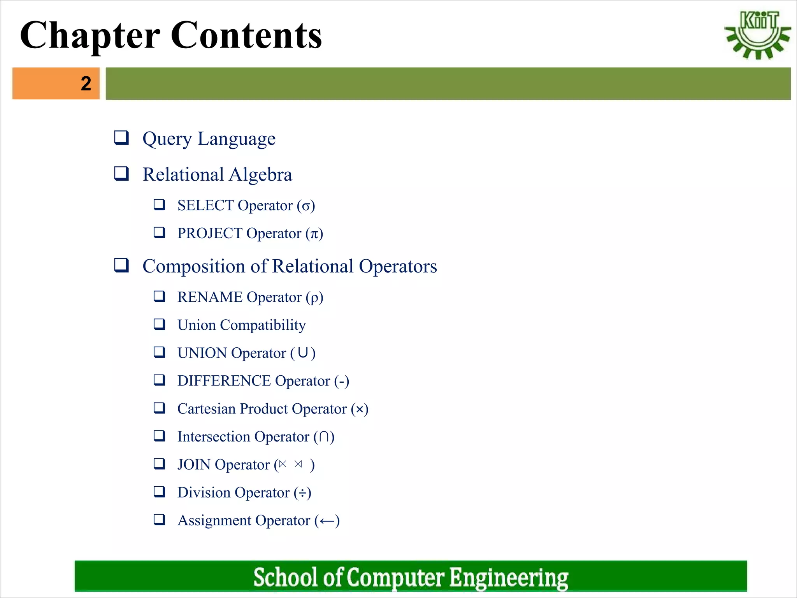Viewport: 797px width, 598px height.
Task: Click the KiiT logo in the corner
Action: pos(757,35)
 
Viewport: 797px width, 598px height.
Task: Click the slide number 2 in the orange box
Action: pos(86,84)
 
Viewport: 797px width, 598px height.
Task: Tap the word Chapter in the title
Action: pos(90,36)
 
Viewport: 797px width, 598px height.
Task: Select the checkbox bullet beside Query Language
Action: pos(121,138)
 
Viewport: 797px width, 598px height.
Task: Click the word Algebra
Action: pos(260,175)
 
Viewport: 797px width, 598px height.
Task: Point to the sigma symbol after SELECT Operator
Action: pos(306,206)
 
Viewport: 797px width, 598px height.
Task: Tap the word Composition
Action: pos(194,267)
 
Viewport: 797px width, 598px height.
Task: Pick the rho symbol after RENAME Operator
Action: pos(314,298)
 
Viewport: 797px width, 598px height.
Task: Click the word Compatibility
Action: pos(263,325)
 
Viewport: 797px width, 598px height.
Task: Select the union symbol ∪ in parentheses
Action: pos(303,353)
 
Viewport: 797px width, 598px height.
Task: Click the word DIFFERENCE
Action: pos(224,381)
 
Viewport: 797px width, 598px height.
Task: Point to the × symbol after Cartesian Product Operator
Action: pos(360,409)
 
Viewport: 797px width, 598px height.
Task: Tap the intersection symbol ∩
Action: pos(324,437)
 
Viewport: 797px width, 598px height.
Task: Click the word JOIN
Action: pos(194,465)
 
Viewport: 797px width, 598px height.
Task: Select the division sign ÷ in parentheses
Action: pos(302,493)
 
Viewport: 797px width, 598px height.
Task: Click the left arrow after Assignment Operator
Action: pos(327,521)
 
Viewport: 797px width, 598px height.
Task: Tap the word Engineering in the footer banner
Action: pos(509,577)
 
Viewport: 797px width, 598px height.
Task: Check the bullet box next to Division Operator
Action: pos(159,492)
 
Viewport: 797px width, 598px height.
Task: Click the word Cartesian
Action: pos(206,409)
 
